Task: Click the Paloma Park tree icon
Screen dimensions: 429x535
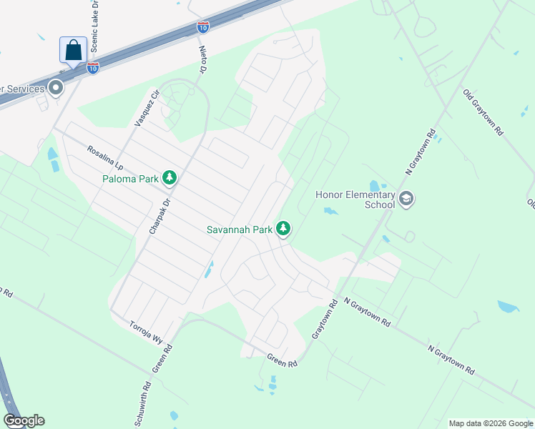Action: [x=170, y=177]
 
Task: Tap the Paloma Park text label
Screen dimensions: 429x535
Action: [x=129, y=179]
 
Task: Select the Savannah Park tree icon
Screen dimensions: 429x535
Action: [x=284, y=229]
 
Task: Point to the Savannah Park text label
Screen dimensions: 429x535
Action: [x=240, y=230]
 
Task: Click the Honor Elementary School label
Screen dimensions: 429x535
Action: [x=355, y=199]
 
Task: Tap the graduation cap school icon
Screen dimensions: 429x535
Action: [x=406, y=198]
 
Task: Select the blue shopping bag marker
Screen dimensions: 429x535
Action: [x=74, y=50]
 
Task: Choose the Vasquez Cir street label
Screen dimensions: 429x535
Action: [x=146, y=108]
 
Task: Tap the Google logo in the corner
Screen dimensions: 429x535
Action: [x=24, y=420]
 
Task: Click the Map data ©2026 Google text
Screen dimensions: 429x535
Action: [x=491, y=423]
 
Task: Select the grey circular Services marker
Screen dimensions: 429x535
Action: [x=55, y=89]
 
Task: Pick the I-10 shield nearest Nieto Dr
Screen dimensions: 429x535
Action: [x=203, y=27]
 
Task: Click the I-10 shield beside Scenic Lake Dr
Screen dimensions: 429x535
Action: [x=93, y=67]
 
